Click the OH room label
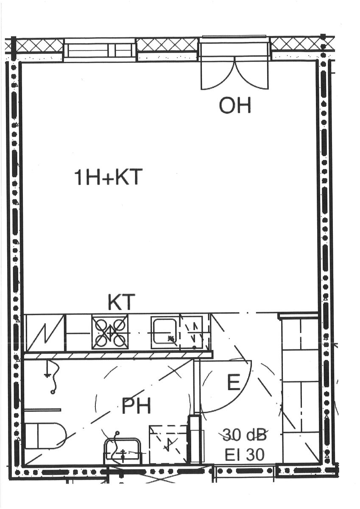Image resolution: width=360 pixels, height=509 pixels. point(235,105)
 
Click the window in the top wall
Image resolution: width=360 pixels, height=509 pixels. point(100,50)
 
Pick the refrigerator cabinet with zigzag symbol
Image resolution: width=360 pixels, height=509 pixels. point(45,332)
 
